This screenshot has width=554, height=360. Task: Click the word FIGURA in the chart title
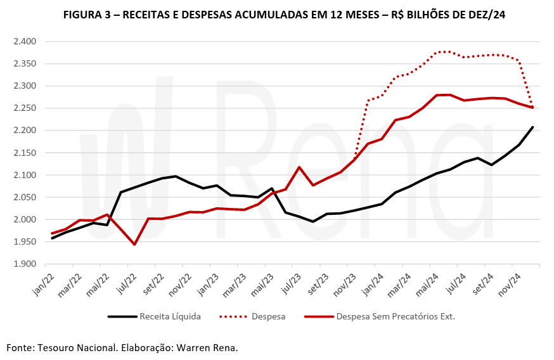pyautogui.click(x=85, y=15)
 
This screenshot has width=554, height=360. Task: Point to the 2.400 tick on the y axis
pyautogui.click(x=25, y=42)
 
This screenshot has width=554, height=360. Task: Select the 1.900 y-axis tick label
pyautogui.click(x=25, y=264)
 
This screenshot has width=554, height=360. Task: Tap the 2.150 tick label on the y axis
pyautogui.click(x=25, y=153)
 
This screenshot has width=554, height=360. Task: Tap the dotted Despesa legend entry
pyautogui.click(x=266, y=316)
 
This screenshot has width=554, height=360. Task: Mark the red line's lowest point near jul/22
pyautogui.click(x=134, y=245)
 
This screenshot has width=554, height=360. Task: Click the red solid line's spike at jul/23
pyautogui.click(x=299, y=167)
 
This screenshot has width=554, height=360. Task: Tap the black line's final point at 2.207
pyautogui.click(x=532, y=127)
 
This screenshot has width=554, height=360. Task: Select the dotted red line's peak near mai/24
pyautogui.click(x=444, y=51)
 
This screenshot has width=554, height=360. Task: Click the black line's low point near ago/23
pyautogui.click(x=313, y=221)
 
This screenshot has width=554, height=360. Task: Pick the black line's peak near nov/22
pyautogui.click(x=176, y=176)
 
